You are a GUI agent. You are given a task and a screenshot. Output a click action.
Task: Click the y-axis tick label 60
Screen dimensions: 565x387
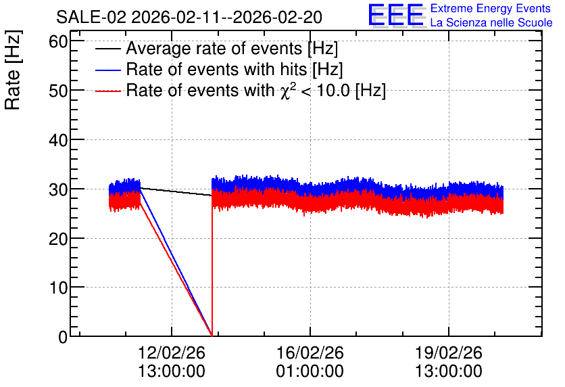58,41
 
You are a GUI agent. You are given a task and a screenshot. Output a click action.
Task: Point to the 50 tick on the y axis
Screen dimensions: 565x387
58,91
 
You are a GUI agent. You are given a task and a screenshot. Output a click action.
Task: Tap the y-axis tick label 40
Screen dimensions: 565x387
58,140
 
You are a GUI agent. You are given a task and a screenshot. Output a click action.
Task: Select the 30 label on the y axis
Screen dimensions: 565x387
58,189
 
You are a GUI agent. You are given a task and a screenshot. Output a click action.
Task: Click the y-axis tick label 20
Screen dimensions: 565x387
58,238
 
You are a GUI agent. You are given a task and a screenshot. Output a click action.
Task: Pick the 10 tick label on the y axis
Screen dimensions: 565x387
58,288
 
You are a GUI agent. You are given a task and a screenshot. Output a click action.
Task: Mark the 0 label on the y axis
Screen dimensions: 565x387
63,337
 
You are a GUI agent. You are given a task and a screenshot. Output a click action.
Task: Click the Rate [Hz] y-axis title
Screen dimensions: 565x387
13,70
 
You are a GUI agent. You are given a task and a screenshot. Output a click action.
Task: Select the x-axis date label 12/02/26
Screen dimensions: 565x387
172,352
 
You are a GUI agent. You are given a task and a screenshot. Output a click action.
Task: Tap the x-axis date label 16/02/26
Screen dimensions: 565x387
310,352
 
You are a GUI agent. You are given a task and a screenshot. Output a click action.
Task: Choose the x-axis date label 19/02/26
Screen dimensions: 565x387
449,352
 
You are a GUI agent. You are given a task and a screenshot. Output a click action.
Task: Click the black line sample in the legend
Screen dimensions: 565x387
107,49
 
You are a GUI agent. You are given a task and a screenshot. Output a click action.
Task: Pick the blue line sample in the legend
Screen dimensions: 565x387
107,70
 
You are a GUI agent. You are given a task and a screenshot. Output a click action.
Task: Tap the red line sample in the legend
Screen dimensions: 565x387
107,91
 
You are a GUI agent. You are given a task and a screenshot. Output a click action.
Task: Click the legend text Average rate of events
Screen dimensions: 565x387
214,48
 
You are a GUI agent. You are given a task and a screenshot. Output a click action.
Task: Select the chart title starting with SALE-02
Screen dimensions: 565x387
189,17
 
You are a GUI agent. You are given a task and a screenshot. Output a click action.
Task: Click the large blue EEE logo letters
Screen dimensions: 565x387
396,15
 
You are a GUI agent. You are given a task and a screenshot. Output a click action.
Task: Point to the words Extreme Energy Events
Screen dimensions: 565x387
491,8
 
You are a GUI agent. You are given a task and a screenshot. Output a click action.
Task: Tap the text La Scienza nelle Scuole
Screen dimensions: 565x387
491,22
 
